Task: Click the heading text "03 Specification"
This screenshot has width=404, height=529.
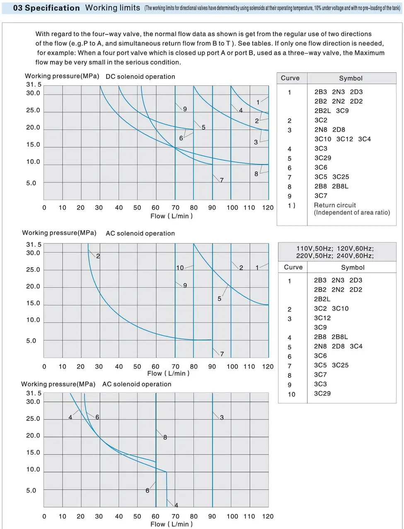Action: pos(46,8)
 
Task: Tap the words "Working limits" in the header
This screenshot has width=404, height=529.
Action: pos(113,8)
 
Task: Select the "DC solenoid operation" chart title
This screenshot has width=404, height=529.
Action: pos(140,77)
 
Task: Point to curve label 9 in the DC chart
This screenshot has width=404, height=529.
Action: pos(185,109)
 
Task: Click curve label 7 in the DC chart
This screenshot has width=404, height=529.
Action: pos(222,180)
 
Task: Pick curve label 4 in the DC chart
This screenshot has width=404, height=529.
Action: pos(241,110)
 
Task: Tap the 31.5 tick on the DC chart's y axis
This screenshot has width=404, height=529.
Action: pos(34,85)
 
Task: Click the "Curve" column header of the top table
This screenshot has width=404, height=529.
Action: pos(290,78)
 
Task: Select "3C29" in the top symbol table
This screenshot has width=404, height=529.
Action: pos(322,158)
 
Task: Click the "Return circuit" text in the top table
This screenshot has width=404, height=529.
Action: pos(335,205)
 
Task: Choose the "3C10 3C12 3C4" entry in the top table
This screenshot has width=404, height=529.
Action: pos(342,139)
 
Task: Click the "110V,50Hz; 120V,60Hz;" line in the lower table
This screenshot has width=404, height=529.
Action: pos(335,249)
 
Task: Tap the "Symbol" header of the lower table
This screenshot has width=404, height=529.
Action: pos(353,268)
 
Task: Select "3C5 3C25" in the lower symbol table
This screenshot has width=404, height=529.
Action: pos(331,365)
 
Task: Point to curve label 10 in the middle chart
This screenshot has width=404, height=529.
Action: pos(180,268)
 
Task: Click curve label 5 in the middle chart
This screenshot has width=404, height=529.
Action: pos(219,299)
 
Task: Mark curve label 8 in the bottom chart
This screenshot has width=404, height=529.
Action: pos(165,437)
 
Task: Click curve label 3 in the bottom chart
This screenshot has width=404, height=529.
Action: pos(222,418)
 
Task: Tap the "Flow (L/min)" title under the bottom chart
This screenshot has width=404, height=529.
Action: pos(172,524)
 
